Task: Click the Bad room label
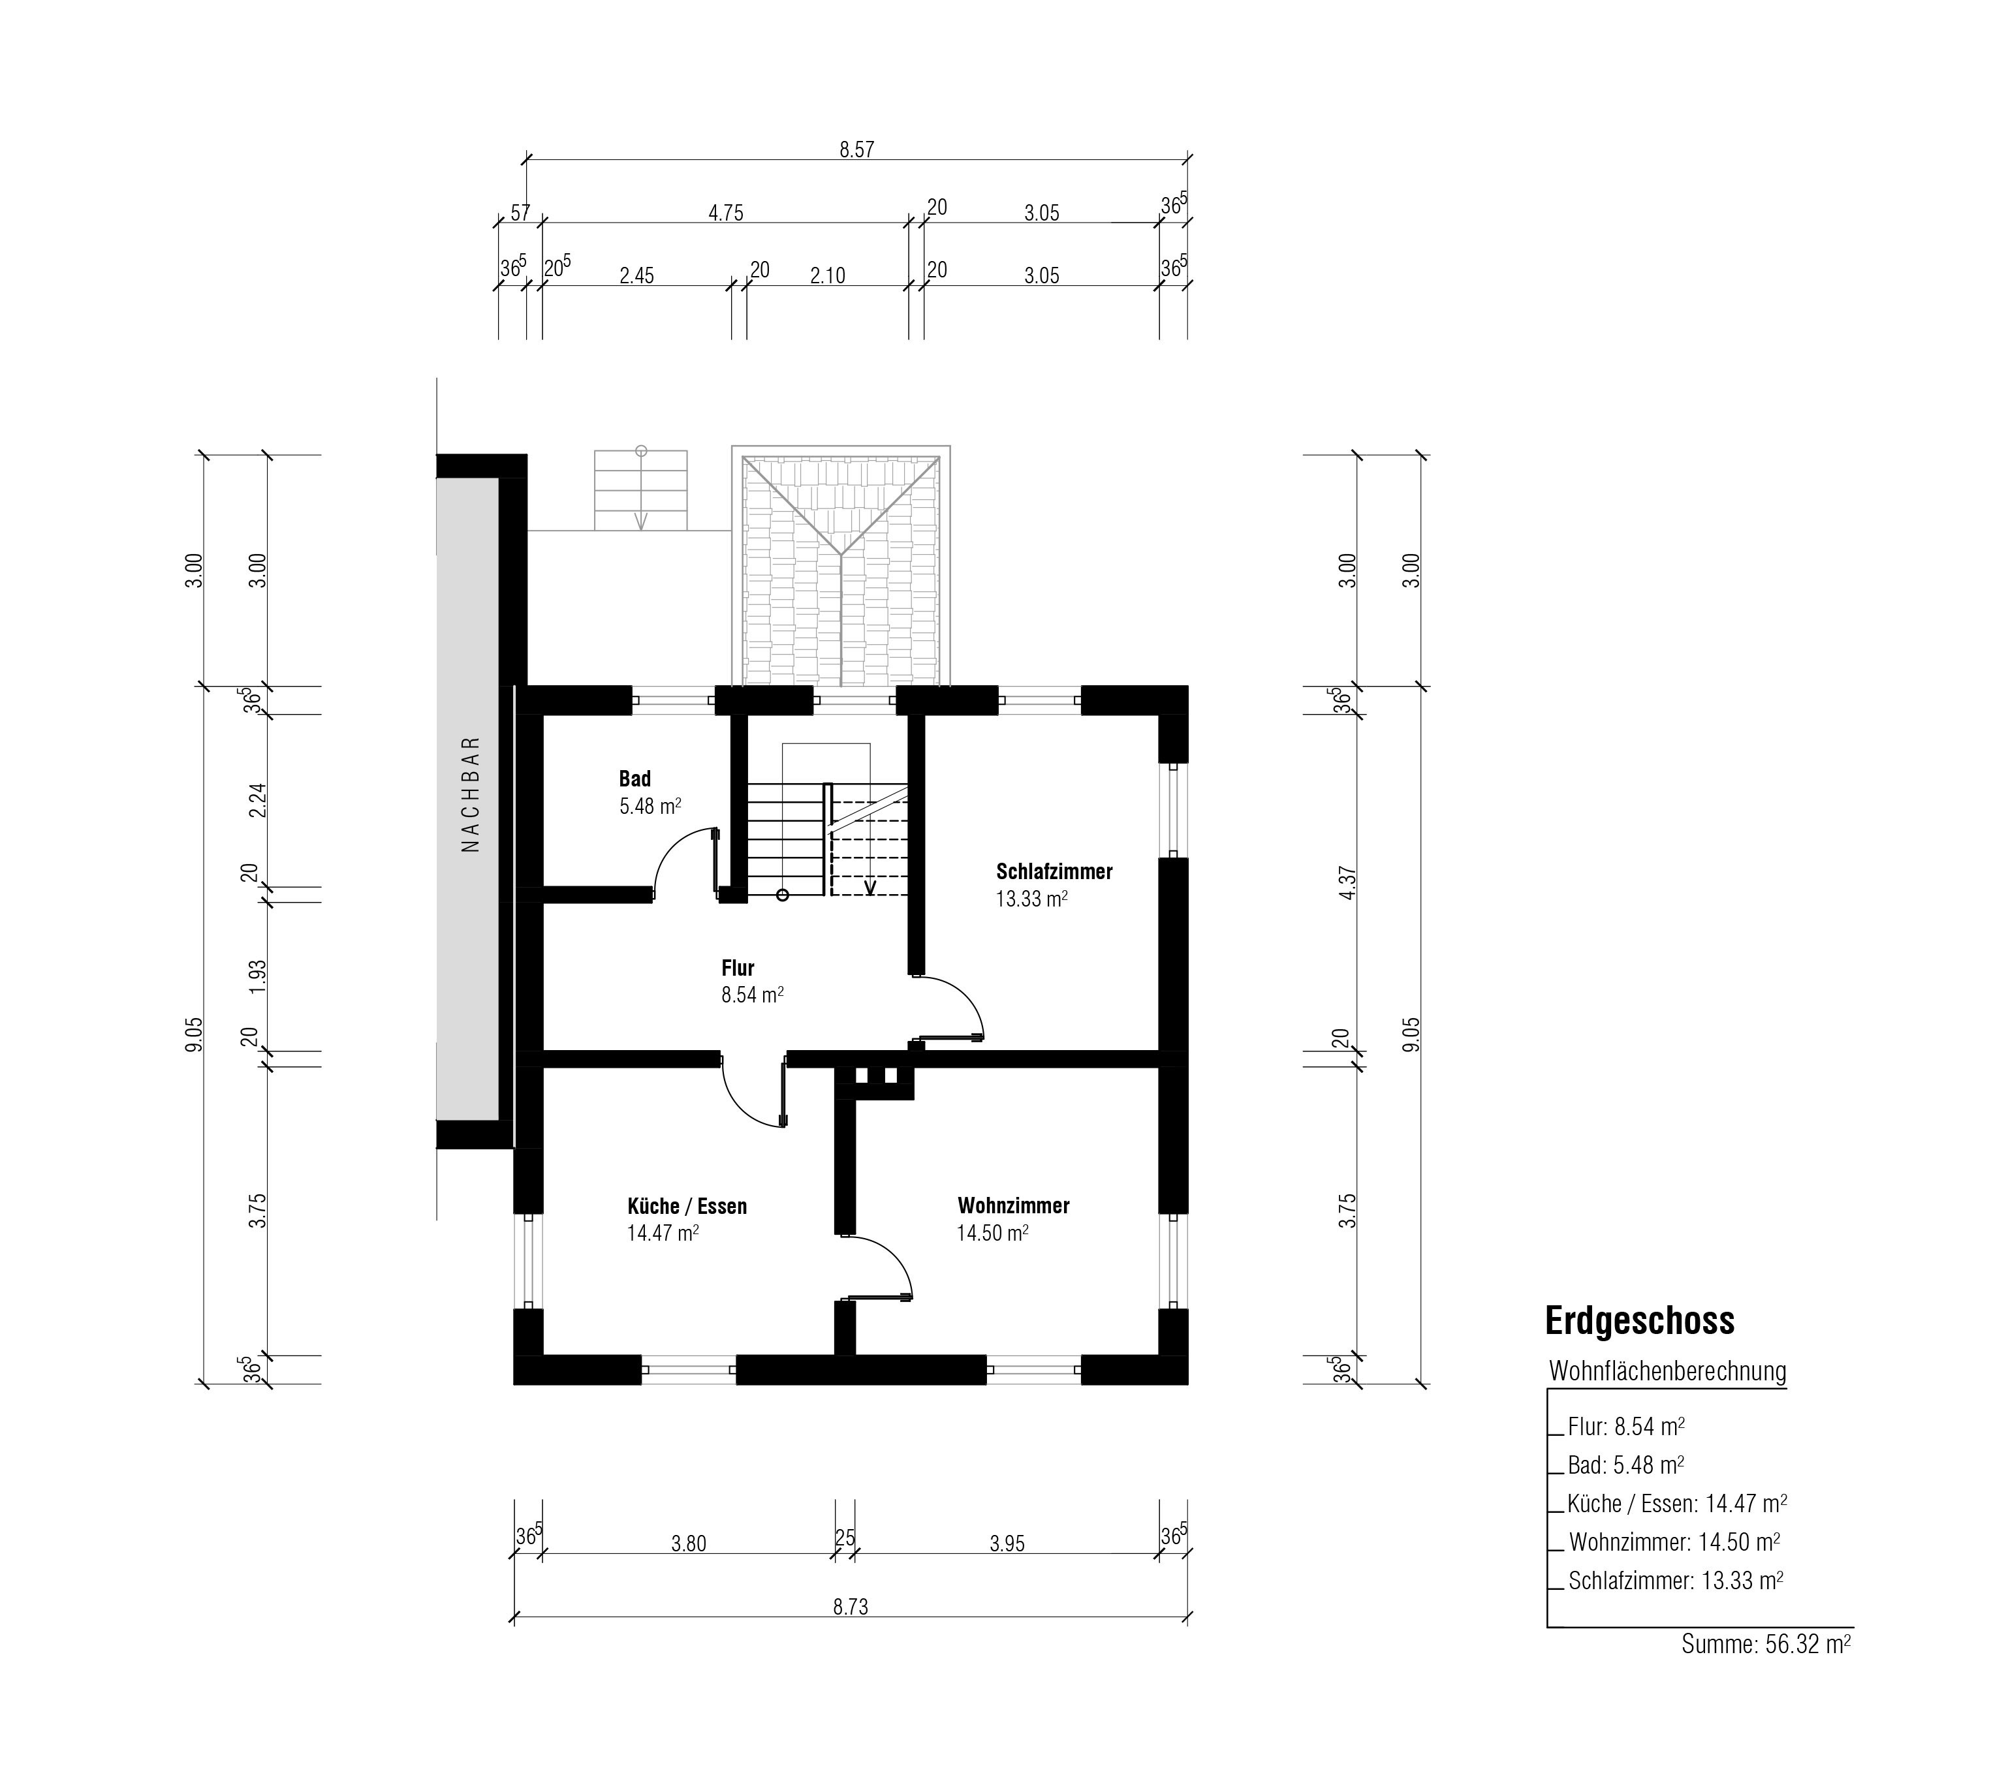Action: point(635,779)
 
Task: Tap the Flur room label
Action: point(738,969)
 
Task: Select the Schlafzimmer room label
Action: point(1054,871)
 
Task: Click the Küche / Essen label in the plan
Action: point(687,1206)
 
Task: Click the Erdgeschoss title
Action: point(1640,1321)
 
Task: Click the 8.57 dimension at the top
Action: point(856,149)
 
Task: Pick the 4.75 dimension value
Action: point(727,213)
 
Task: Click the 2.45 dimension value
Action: point(637,276)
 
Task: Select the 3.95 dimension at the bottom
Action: point(1007,1543)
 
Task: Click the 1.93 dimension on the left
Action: point(258,976)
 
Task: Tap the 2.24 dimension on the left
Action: point(258,801)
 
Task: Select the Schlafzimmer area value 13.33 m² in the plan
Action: point(1031,899)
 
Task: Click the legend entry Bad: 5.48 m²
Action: point(1626,1465)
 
